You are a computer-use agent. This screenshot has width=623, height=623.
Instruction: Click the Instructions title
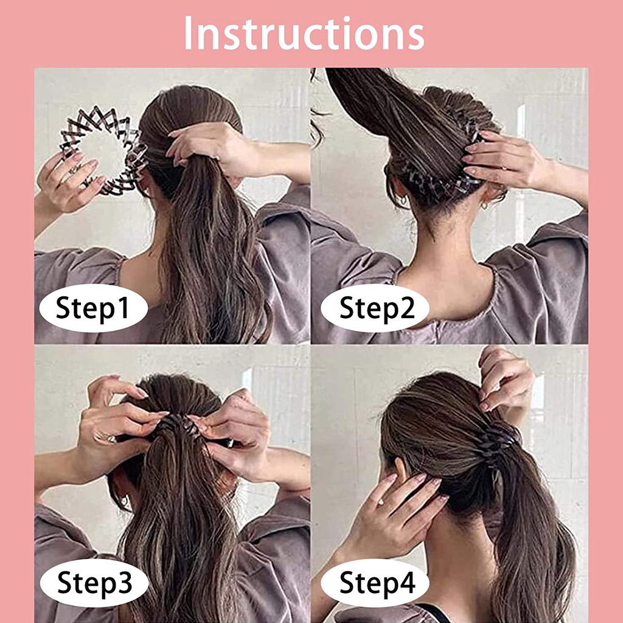304,33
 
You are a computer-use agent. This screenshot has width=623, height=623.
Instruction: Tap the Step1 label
93,308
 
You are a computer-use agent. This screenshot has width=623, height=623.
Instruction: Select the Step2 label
375,308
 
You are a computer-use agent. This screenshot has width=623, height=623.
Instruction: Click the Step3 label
94,584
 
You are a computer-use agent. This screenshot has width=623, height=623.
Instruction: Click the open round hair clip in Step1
100,149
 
